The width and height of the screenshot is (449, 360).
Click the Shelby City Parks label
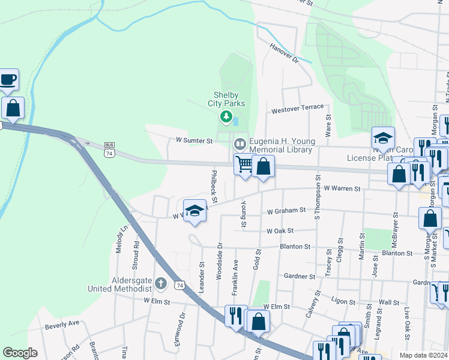pos(226,100)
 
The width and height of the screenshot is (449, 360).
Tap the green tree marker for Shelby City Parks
pos(226,116)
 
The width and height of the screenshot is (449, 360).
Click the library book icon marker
pos(240,143)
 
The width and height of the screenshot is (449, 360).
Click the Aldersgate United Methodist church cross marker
pos(160,283)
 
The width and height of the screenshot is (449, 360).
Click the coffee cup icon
pos(8,79)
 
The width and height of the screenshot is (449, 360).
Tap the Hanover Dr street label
pos(284,53)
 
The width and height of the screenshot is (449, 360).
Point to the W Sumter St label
pos(194,140)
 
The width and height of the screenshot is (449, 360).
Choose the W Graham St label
pos(286,211)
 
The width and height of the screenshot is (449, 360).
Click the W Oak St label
pos(280,230)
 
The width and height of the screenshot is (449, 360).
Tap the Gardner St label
pos(300,276)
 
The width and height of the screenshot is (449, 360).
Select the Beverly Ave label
pos(62,325)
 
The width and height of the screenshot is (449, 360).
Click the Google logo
pos(20,352)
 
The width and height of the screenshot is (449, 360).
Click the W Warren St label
pos(342,188)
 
